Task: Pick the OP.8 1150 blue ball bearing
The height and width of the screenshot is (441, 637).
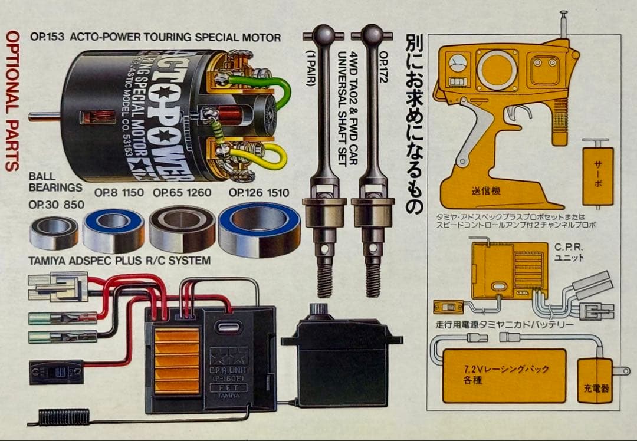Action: [113, 231]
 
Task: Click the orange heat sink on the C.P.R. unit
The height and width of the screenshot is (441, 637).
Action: [176, 361]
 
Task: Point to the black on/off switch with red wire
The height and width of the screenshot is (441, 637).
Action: [56, 372]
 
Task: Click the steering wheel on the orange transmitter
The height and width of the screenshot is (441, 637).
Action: [497, 70]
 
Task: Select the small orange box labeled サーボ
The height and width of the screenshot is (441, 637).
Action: [597, 176]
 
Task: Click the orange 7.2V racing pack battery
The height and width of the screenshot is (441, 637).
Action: [504, 376]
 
